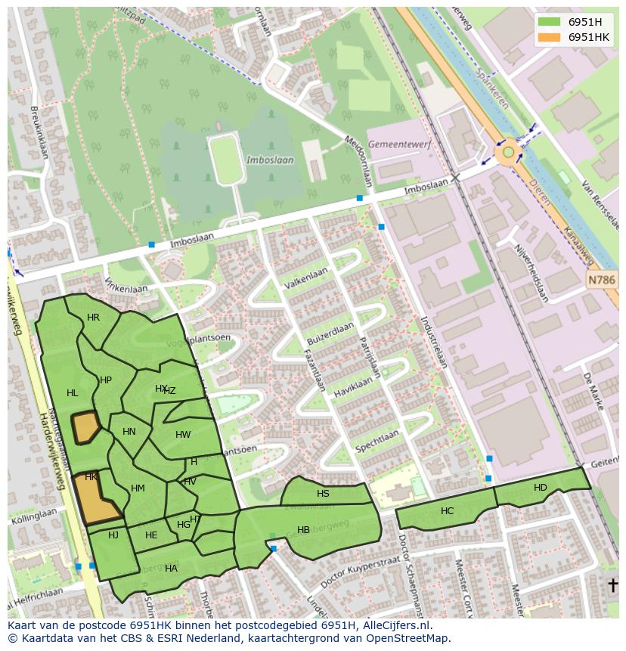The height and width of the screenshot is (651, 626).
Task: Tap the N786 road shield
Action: coord(602,281)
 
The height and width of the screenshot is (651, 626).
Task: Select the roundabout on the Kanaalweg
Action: coord(509,153)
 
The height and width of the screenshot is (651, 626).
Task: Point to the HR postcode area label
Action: coord(93,318)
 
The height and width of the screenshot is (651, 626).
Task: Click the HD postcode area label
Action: coord(540,488)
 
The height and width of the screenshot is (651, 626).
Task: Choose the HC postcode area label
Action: coord(447,511)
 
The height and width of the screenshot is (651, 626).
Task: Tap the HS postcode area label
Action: coord(323,494)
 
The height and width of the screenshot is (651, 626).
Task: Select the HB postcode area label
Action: coord(303,530)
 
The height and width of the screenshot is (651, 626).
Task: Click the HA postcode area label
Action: coord(171,569)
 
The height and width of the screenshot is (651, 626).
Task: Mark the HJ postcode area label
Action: coord(113,535)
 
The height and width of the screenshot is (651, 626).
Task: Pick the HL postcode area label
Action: coord(72,393)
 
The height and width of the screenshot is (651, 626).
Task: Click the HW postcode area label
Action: coord(183,435)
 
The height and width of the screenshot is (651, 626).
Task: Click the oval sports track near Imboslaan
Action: coord(226,160)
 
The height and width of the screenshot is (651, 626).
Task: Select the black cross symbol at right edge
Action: coord(613,585)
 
